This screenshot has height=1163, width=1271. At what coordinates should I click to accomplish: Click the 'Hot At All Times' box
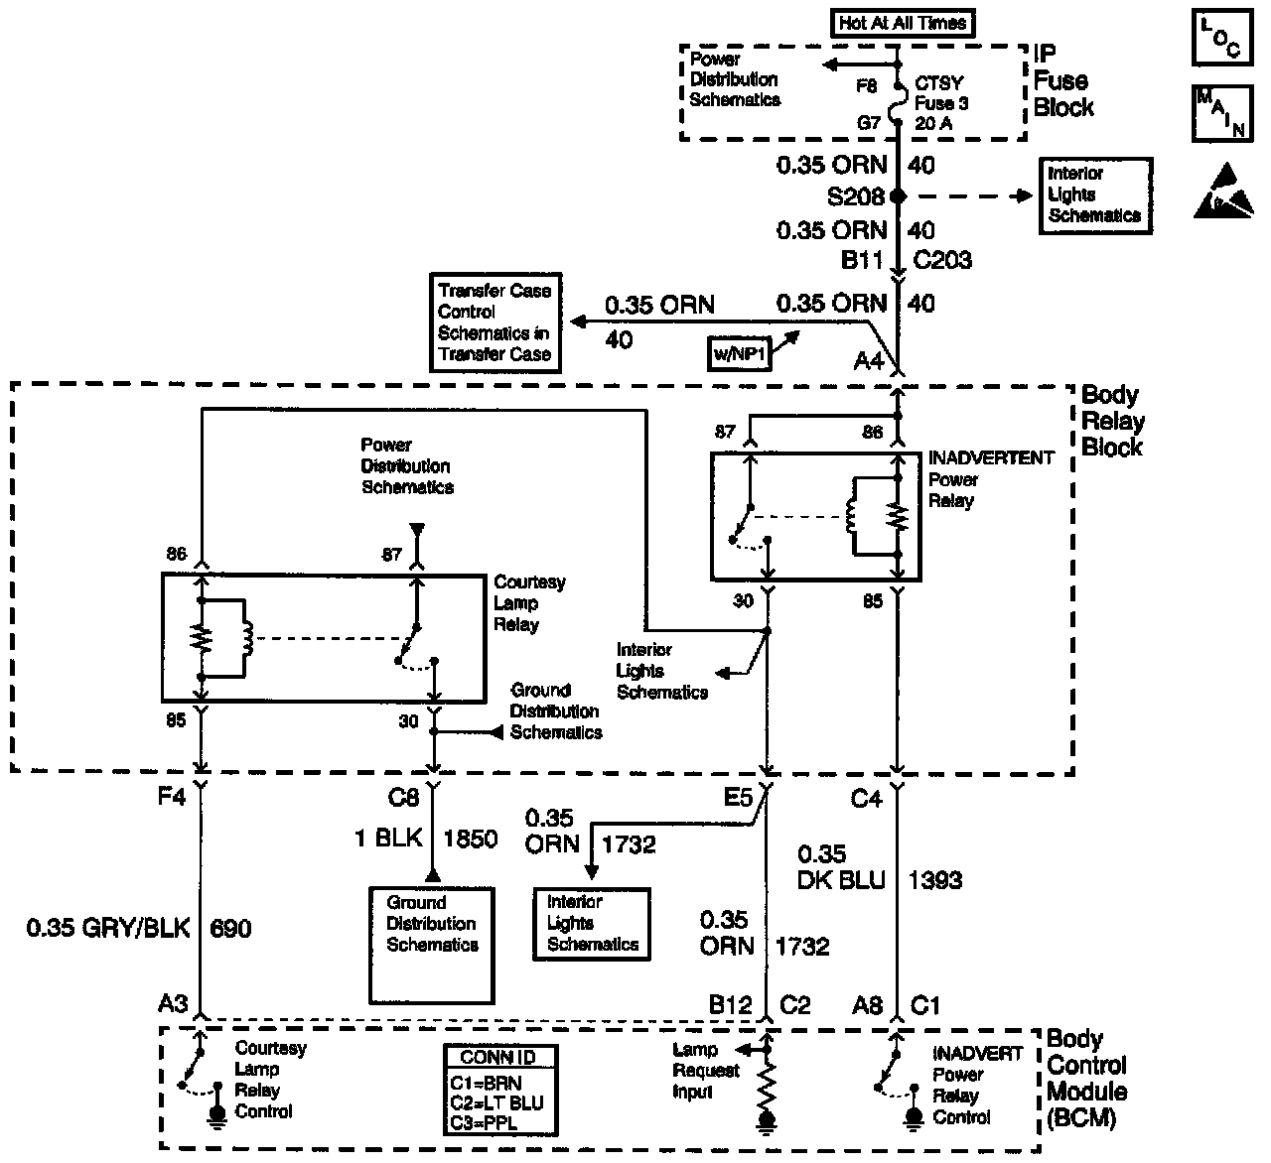coord(902,23)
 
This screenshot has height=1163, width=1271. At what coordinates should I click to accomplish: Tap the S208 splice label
coord(855,196)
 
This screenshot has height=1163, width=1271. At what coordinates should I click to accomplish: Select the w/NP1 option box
coord(740,353)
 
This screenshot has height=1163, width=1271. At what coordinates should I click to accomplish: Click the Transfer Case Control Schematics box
coord(494,323)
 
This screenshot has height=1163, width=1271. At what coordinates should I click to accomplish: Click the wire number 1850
coord(470,840)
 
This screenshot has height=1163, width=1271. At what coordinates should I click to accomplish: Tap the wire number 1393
coord(934,879)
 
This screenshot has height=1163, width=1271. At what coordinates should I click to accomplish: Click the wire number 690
coord(230,929)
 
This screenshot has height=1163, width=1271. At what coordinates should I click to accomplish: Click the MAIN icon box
coord(1219,113)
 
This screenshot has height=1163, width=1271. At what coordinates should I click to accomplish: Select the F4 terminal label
coord(172,797)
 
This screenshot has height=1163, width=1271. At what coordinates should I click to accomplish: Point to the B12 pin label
coord(730,1005)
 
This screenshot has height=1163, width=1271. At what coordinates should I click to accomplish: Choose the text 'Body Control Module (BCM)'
coord(1086,1079)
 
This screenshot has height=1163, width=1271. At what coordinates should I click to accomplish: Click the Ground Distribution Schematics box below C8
coord(431,944)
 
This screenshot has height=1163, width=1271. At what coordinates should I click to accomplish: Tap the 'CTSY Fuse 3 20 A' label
coord(939,104)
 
